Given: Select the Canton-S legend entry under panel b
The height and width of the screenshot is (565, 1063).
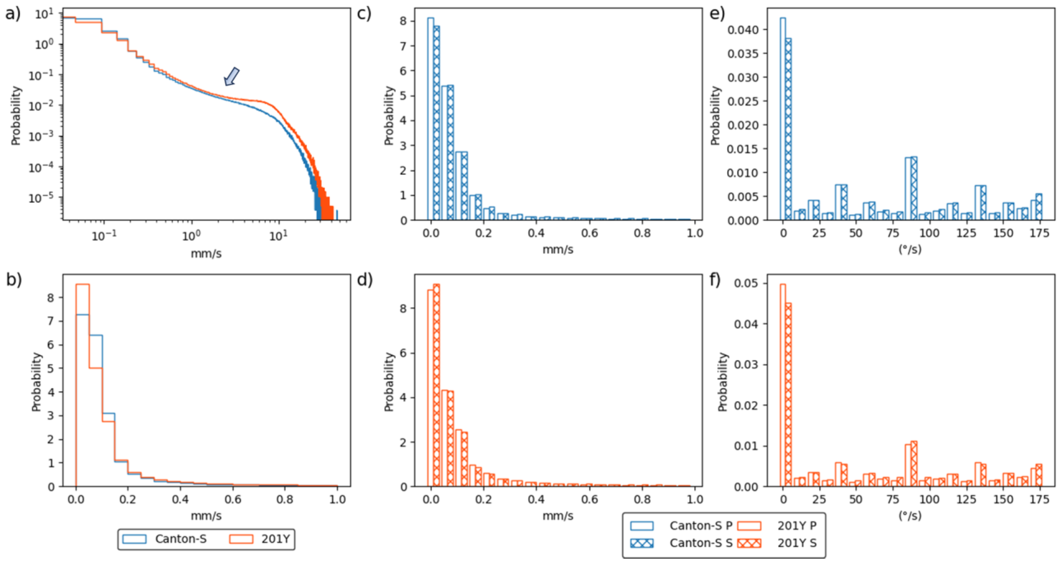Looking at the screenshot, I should tap(180, 539).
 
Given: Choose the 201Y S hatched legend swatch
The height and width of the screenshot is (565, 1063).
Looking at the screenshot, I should tap(749, 543).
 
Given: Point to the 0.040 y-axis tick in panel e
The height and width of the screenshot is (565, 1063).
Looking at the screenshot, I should tap(743, 30).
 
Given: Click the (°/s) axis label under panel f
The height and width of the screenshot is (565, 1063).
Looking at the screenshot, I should tap(910, 515).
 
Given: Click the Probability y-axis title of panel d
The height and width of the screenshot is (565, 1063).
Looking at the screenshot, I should tap(389, 382).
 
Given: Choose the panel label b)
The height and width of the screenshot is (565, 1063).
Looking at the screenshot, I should tap(14, 279).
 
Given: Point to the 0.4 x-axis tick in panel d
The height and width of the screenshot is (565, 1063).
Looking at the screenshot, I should tap(536, 500).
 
